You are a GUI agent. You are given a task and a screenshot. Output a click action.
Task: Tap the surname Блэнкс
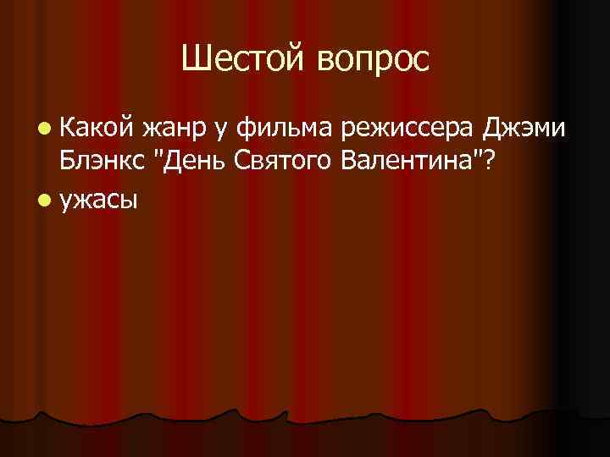coord(100,161)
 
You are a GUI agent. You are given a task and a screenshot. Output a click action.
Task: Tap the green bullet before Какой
coord(43,129)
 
